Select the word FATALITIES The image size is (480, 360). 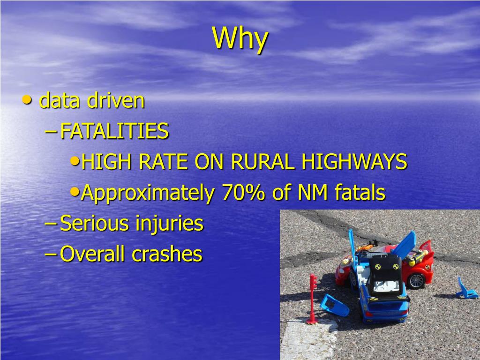coord(114,131)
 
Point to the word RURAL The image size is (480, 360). coord(263,162)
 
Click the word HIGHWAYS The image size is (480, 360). coord(354,162)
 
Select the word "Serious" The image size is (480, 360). coord(95,223)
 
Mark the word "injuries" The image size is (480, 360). coord(169,224)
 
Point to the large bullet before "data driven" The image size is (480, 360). coord(28,99)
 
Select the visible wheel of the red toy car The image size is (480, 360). coord(415,280)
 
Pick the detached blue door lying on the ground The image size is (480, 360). coord(334,306)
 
